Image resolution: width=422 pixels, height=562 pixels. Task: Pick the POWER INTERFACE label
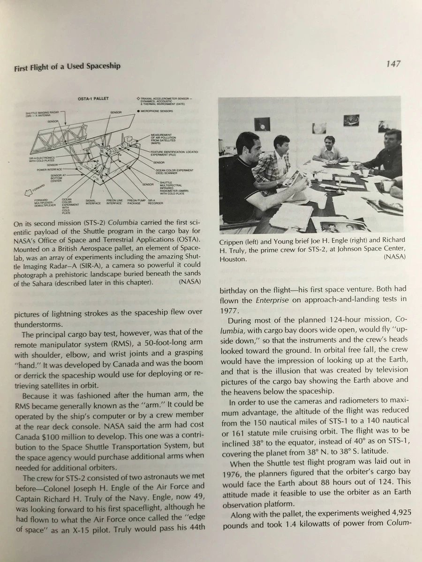coord(50,170)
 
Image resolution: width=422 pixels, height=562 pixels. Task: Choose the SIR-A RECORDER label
coord(155,202)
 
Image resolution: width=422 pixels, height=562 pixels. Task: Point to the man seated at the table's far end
coord(332,149)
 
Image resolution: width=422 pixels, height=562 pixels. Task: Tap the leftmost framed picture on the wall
coord(262,124)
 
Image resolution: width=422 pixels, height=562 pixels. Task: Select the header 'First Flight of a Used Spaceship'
coord(67,66)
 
